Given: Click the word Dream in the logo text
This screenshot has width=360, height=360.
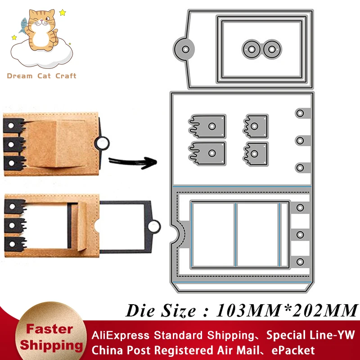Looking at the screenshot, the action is (x=20, y=76).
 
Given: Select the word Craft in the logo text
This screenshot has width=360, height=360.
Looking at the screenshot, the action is (x=66, y=76).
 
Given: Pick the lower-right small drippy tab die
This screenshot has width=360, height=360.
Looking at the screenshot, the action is (x=256, y=153).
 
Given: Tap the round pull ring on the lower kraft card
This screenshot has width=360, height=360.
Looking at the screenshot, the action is (x=154, y=225).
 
